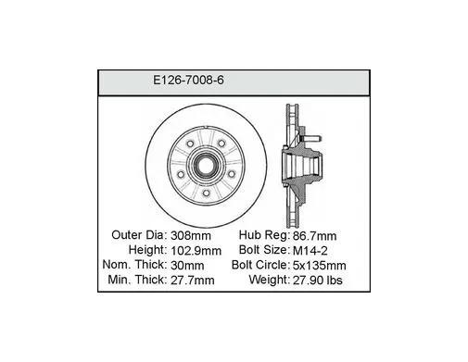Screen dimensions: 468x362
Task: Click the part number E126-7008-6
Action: click(x=188, y=81)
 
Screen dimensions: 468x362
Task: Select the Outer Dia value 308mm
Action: click(x=191, y=236)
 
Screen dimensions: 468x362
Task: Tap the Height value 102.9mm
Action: click(x=196, y=251)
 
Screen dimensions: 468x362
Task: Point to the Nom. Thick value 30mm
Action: click(x=187, y=266)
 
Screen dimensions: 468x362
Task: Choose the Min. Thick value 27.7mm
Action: click(x=193, y=281)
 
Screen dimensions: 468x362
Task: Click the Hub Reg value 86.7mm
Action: click(x=314, y=236)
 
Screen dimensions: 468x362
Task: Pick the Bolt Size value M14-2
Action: click(x=310, y=251)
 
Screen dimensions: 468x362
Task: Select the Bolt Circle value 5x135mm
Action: click(x=319, y=266)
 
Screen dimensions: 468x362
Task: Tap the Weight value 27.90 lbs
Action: click(x=317, y=281)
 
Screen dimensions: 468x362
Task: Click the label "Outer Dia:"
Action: click(x=139, y=235)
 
